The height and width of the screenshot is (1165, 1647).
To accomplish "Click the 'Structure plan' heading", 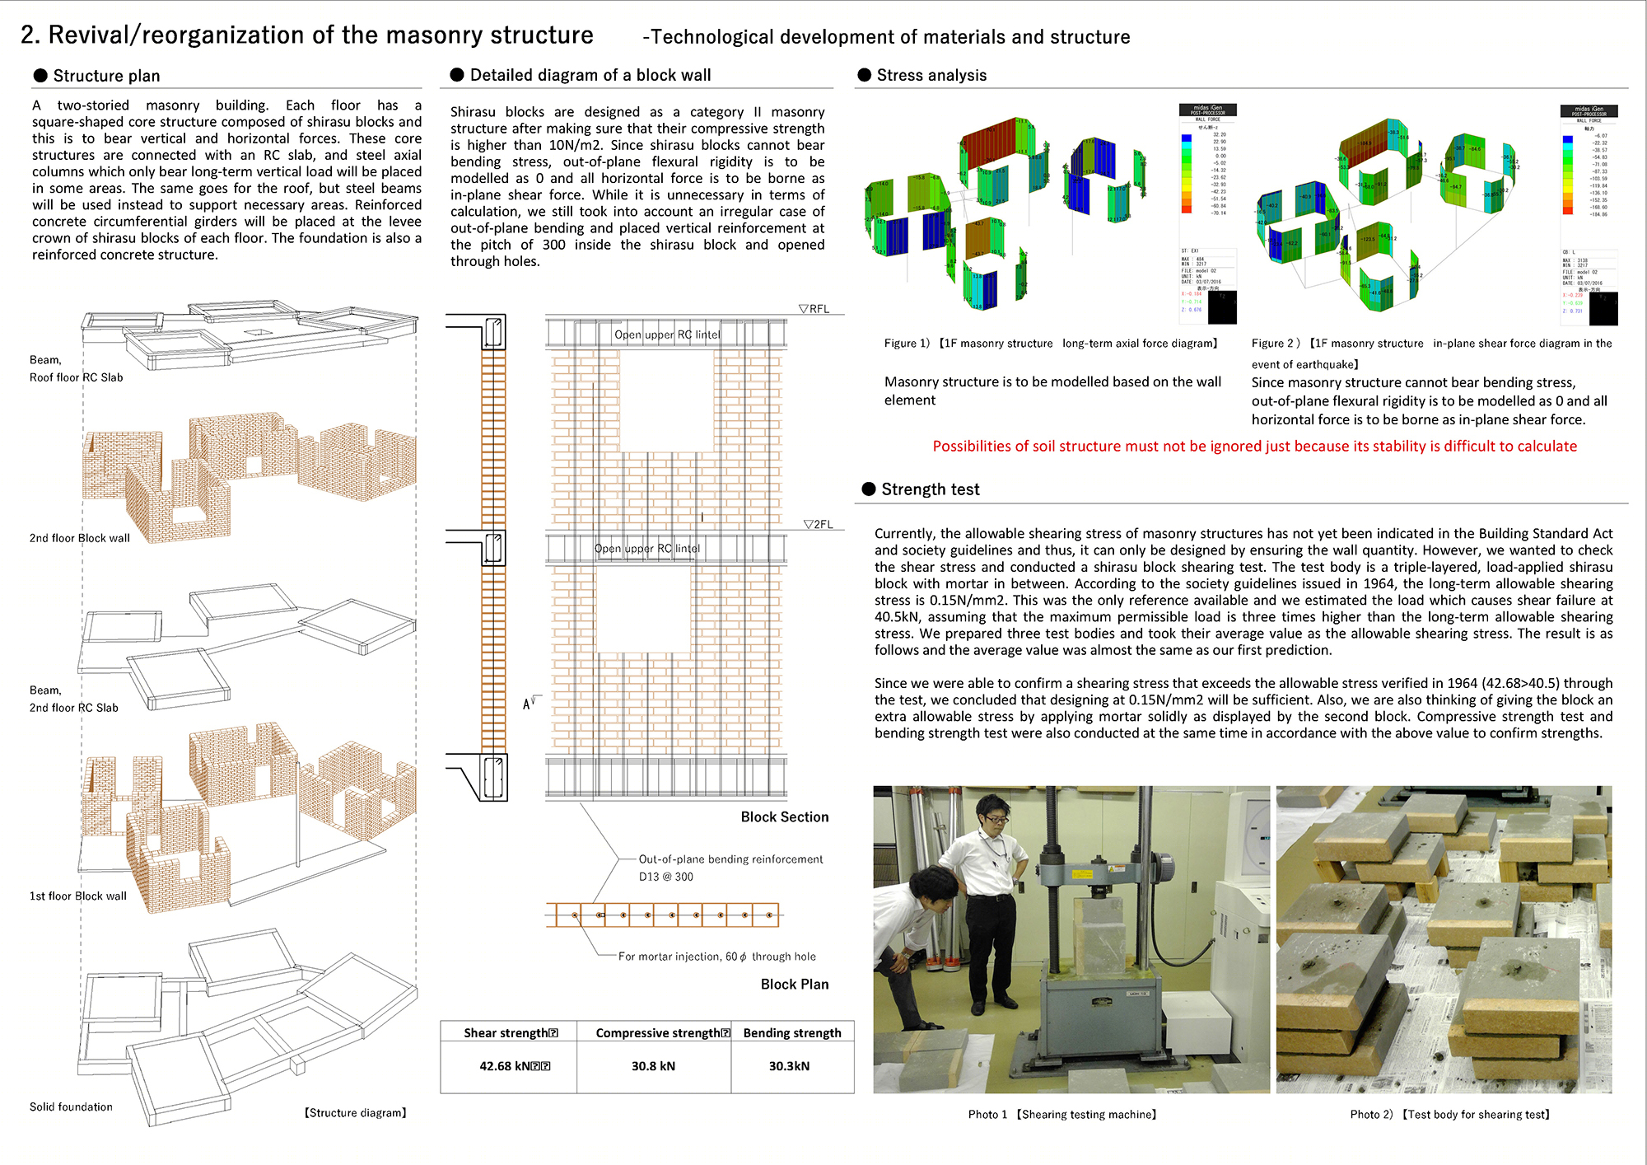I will coord(106,76).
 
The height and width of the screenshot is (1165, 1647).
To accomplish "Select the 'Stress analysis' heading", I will coord(931,75).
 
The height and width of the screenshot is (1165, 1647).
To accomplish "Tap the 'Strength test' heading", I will coord(930,489).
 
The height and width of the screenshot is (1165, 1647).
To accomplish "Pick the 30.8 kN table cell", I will coord(653,1066).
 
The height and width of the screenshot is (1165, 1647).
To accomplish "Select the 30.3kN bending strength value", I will coord(789,1066).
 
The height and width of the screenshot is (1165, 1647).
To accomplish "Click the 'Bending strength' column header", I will coord(792,1033).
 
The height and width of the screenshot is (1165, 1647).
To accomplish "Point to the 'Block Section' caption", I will coord(784,816).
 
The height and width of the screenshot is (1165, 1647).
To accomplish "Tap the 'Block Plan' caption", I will coord(794,984).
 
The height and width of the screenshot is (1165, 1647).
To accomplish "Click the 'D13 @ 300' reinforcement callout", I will coord(665,877).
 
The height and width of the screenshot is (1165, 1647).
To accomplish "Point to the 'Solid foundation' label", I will coord(71,1107).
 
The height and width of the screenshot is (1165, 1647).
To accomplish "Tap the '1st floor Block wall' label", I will coord(78,896).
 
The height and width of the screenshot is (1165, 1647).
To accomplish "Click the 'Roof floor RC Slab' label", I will coord(76,377).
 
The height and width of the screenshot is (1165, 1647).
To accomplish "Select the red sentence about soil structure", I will coord(1254,446).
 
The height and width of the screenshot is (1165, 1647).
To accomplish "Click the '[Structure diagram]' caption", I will coord(355,1112).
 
